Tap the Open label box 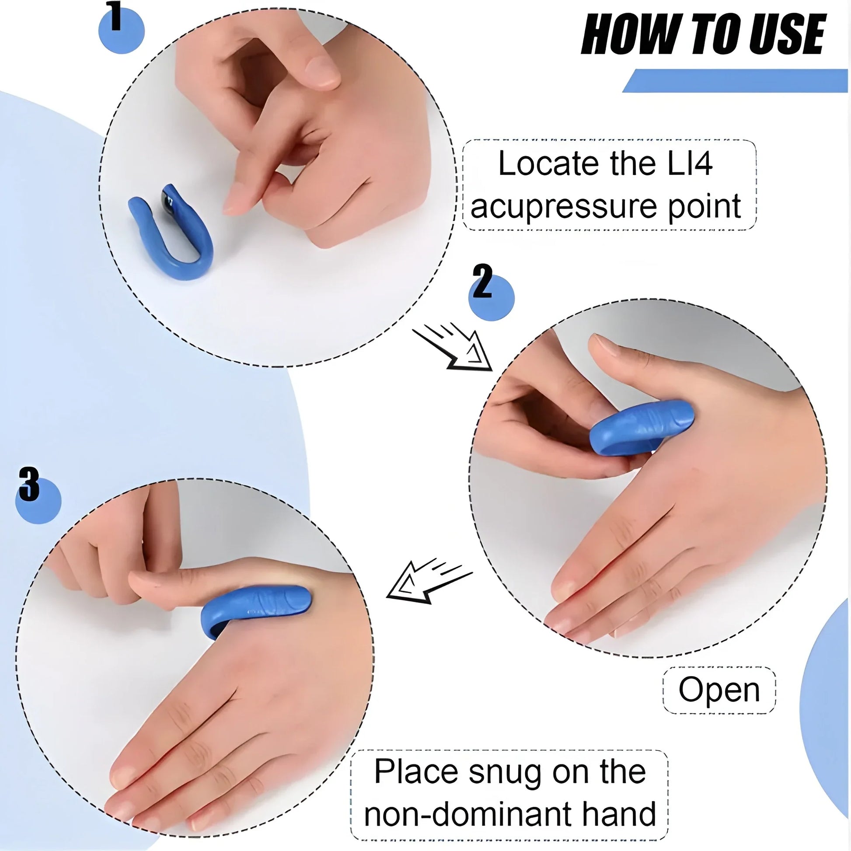pos(718,690)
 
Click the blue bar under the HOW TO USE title pos(736,81)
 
